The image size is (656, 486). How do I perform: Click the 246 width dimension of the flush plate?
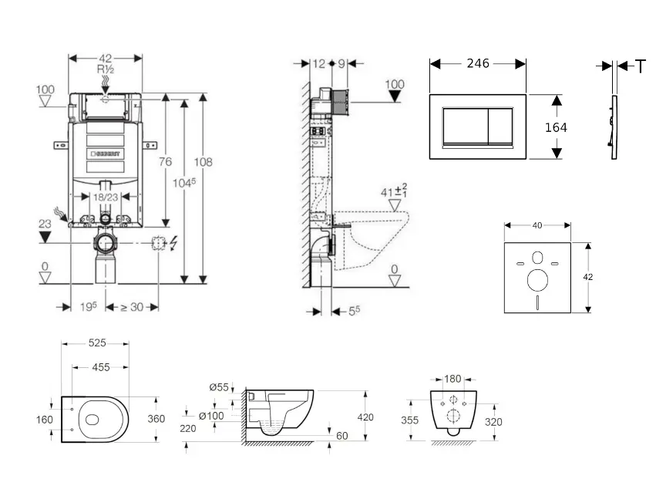coord(478,64)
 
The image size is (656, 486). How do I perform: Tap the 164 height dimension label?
coord(556,127)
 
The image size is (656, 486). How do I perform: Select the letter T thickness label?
coord(641,67)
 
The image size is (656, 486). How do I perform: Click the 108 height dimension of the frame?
coord(204,162)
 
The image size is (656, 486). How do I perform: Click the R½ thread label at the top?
coord(105,69)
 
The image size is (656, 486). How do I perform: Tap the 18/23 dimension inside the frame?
coord(106,198)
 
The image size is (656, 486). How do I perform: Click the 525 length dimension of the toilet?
coord(96,343)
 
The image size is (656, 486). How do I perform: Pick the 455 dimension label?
coord(100,368)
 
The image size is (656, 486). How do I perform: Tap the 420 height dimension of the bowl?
coord(365,417)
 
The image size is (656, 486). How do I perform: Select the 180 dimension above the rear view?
coord(453,379)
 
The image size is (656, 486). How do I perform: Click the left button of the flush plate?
coord(464,126)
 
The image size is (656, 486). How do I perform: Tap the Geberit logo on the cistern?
coord(106,153)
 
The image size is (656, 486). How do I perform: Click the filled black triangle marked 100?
coord(394,96)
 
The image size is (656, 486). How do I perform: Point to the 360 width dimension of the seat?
coord(156,420)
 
